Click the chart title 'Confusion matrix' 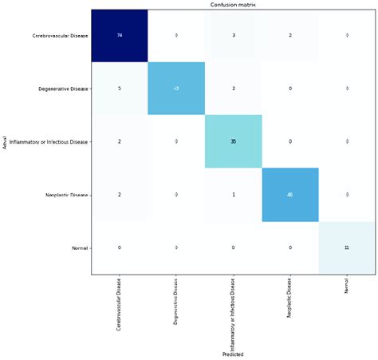[x=233, y=5]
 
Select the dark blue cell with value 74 [x=119, y=36]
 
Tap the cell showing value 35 [x=233, y=141]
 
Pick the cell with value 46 [x=289, y=195]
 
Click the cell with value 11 [x=346, y=248]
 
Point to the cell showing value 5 [x=119, y=89]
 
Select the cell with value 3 [x=233, y=36]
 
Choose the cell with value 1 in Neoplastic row [x=233, y=195]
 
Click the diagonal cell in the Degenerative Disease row [x=176, y=89]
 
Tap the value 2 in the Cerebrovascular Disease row [x=289, y=36]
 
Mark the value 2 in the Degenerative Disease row [x=233, y=89]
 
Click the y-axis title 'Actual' [x=5, y=142]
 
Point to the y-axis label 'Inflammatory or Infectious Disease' [x=46, y=141]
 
